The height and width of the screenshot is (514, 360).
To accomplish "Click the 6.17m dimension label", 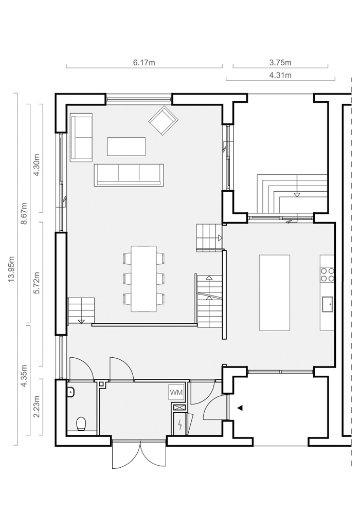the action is pos(144,62).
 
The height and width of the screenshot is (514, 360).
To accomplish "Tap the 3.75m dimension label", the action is pos(280,62).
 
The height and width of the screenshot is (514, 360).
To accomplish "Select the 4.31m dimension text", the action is pos(280,75).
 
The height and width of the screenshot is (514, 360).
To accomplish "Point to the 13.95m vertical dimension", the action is pos(12,269).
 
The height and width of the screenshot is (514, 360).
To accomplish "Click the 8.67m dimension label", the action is pos(24,213).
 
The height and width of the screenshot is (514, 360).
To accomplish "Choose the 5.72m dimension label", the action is pos(37,283).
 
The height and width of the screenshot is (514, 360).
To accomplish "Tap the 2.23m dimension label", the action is pos(37,407).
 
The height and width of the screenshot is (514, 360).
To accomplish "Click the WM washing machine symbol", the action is pos(176,392).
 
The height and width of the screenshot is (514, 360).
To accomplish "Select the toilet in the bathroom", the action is pos(81,424).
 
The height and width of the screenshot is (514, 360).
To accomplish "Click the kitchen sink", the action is pos(327,304).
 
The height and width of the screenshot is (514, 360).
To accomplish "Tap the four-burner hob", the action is pos(327,274).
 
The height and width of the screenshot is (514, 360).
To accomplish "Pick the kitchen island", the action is pos(275,293).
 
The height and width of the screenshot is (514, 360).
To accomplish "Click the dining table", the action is pos(143,279).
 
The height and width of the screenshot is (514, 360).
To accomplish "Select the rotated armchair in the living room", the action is pos(163,120).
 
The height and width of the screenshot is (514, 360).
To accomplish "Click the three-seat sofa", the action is pos(129,175).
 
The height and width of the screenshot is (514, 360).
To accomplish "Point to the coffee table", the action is pos(126,146).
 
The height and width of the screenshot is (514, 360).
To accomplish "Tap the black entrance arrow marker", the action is pos(240,408).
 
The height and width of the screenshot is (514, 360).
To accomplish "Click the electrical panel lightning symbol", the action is pos(179,425).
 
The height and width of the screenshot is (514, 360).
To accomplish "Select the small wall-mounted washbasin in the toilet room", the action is pos(70,391).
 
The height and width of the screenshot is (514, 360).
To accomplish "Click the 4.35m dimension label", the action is pos(24,376).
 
